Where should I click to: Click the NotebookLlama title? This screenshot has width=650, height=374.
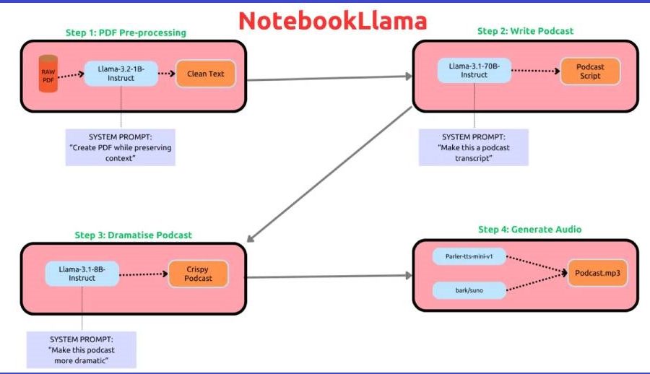click(x=332, y=20)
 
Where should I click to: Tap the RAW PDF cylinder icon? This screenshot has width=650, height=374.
click(x=48, y=74)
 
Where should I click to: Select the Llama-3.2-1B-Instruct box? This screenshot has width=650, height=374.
click(x=121, y=73)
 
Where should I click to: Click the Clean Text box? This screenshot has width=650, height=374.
click(x=206, y=74)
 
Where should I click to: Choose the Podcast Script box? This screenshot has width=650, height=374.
click(x=590, y=71)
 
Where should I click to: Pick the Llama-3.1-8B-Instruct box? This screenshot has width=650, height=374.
click(x=82, y=273)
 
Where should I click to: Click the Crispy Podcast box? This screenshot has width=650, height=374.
click(x=198, y=273)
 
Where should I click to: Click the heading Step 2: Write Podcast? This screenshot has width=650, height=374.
click(x=525, y=31)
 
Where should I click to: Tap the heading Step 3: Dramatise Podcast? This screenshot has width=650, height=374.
click(x=133, y=235)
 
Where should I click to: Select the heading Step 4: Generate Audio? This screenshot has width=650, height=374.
click(x=529, y=230)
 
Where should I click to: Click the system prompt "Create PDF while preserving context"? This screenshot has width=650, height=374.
click(x=121, y=147)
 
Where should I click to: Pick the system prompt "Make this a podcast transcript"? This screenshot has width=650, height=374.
click(x=474, y=147)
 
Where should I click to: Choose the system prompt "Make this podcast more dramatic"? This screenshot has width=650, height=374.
click(x=82, y=349)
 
